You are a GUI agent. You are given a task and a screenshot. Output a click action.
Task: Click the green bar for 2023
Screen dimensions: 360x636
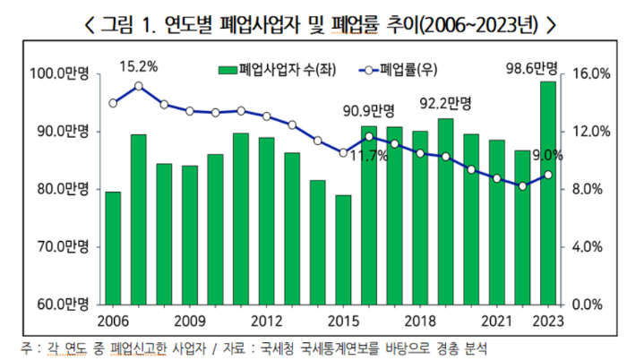(547, 193)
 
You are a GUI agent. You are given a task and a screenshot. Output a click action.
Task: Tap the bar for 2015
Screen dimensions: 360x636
(343, 250)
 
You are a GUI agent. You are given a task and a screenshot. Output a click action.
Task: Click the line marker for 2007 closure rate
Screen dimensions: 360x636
(139, 86)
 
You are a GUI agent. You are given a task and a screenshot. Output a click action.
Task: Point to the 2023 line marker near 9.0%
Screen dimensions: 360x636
(547, 175)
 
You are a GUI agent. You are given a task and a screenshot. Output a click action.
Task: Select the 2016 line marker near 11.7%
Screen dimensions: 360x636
(369, 136)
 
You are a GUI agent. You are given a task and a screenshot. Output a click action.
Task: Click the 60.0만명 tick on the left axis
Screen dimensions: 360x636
(56, 304)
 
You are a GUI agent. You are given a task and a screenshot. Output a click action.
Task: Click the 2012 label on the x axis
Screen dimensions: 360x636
(266, 320)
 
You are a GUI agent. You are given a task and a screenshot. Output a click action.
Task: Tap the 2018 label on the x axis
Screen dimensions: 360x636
(419, 320)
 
